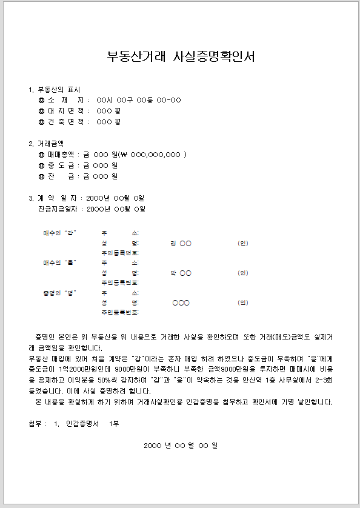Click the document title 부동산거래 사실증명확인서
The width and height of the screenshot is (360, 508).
181,57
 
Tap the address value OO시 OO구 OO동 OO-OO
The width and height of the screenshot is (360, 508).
138,100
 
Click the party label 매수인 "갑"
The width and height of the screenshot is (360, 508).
59,233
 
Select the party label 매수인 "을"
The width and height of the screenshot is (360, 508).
59,263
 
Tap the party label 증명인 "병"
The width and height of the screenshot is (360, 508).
59,293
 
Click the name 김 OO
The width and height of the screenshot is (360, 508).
181,243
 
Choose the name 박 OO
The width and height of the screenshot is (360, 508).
181,273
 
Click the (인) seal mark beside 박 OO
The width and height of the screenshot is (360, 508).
243,273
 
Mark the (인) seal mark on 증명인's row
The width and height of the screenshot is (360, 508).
243,302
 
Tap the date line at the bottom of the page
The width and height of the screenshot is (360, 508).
181,446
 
